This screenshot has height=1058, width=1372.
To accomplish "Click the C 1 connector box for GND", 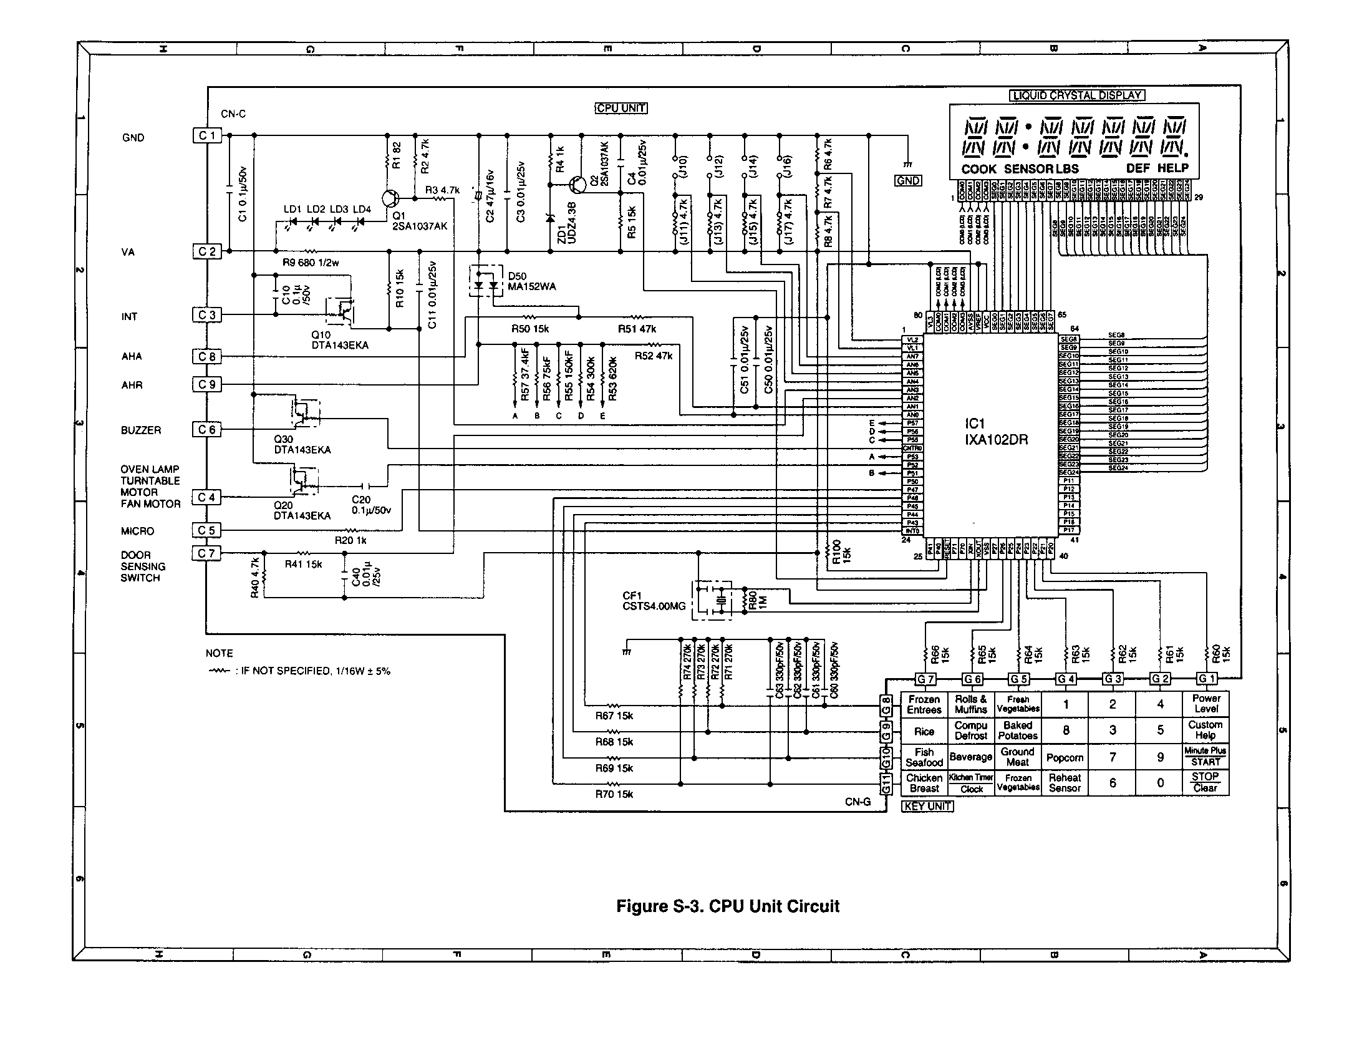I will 206,136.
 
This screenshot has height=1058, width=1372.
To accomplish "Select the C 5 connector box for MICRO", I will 206,531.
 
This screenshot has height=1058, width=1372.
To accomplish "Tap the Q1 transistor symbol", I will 391,198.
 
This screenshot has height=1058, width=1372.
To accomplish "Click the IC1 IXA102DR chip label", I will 997,432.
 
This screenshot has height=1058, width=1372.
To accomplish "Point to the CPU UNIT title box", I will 621,108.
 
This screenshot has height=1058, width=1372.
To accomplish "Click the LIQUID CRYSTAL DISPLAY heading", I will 1078,95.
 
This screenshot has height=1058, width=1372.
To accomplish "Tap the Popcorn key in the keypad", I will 1065,758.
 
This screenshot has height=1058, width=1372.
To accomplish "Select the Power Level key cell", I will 1205,704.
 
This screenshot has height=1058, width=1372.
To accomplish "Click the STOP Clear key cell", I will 1205,782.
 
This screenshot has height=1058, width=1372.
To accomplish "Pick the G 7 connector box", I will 925,679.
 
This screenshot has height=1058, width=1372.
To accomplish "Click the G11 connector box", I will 886,784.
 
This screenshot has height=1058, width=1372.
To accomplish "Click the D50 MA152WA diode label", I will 531,281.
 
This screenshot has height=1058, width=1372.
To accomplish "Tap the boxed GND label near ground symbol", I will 908,181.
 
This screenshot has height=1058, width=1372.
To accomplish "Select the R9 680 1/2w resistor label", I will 311,263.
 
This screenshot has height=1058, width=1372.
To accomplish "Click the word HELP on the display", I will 1173,168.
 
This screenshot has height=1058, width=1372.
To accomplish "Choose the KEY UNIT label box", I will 927,806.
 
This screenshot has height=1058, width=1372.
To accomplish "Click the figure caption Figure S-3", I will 727,906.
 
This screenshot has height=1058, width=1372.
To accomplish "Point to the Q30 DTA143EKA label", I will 302,445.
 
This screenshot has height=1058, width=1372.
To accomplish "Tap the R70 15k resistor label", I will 614,794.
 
